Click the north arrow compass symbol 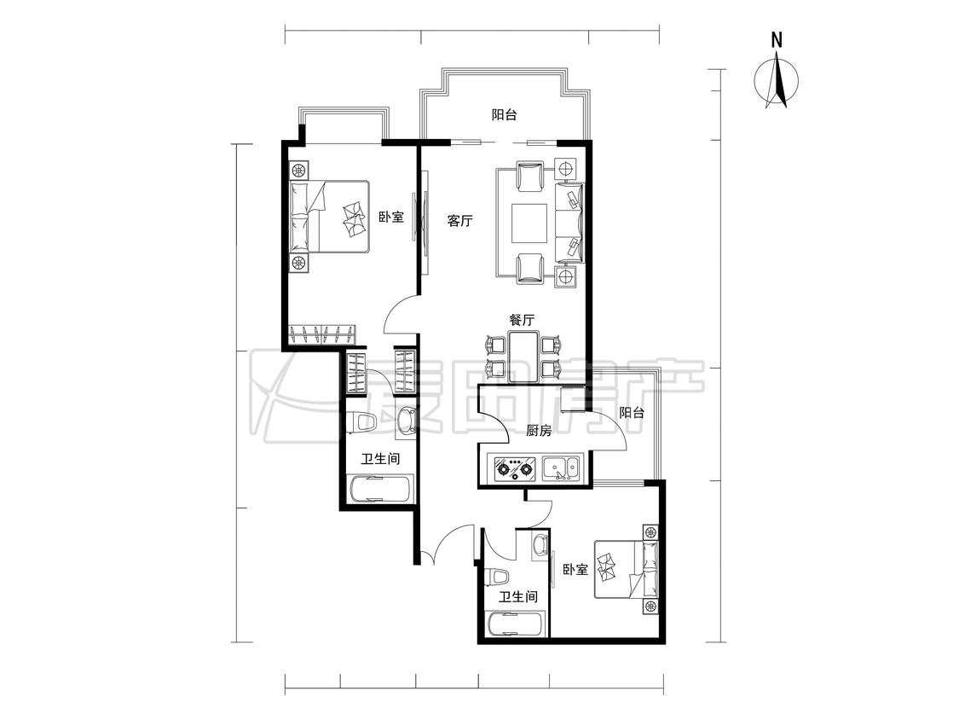tap(776, 81)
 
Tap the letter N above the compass tap(777, 40)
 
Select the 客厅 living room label tap(460, 221)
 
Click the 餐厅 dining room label tap(522, 320)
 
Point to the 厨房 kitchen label tap(539, 431)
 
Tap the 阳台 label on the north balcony tap(505, 114)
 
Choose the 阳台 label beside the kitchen tap(631, 413)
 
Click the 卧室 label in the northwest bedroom tap(391, 217)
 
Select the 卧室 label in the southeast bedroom tap(575, 570)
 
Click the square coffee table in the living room tap(529, 223)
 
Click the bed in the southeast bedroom tap(627, 569)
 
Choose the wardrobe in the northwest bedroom tap(321, 334)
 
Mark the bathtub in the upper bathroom tap(380, 490)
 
